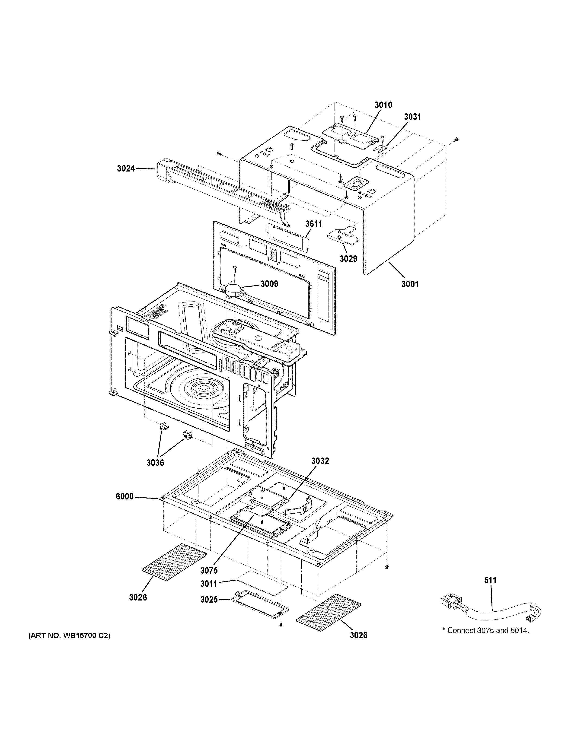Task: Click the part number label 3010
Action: (383, 105)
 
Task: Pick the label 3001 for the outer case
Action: (410, 284)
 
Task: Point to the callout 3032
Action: (320, 461)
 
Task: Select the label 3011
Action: (209, 584)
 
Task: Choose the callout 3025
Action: (209, 600)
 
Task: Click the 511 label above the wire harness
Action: (490, 580)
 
